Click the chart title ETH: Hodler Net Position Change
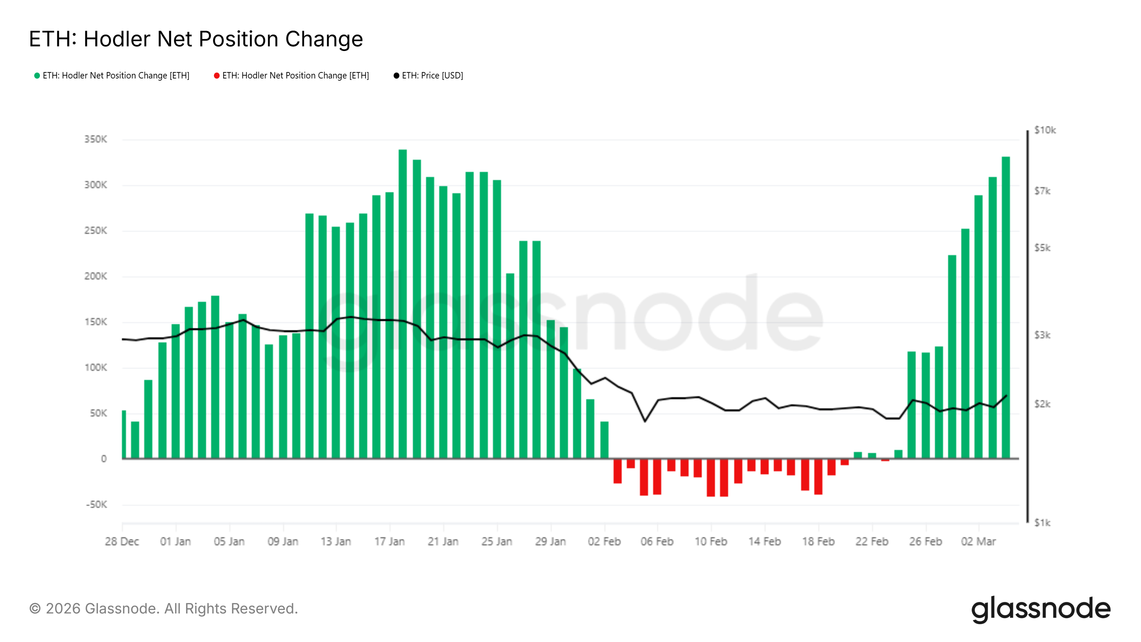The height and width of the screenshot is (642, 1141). tap(196, 39)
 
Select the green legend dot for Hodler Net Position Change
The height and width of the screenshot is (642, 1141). tap(37, 76)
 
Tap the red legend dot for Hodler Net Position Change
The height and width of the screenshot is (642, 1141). tap(216, 76)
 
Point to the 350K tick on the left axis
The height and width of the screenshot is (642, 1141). tap(96, 139)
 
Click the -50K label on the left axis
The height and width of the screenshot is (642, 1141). tap(97, 505)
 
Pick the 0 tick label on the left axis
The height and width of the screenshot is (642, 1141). tap(104, 459)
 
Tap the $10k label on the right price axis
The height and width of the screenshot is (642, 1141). tap(1045, 130)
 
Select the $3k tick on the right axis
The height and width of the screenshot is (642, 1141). tap(1042, 335)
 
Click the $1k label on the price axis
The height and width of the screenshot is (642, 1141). tap(1042, 523)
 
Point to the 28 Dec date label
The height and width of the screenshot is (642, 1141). tap(122, 542)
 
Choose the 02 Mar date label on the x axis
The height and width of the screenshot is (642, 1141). tap(978, 542)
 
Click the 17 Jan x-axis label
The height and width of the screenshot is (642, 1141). tap(390, 542)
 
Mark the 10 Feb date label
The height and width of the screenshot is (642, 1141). tap(711, 542)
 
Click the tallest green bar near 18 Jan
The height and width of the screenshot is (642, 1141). tap(403, 304)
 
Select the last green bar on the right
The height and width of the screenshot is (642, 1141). tap(1006, 307)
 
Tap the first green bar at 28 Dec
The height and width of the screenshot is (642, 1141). tap(124, 434)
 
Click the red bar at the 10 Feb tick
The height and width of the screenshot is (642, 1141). tap(711, 478)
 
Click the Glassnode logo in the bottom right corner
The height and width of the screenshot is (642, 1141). tap(1041, 609)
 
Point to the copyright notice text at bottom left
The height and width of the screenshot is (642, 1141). tap(163, 609)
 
